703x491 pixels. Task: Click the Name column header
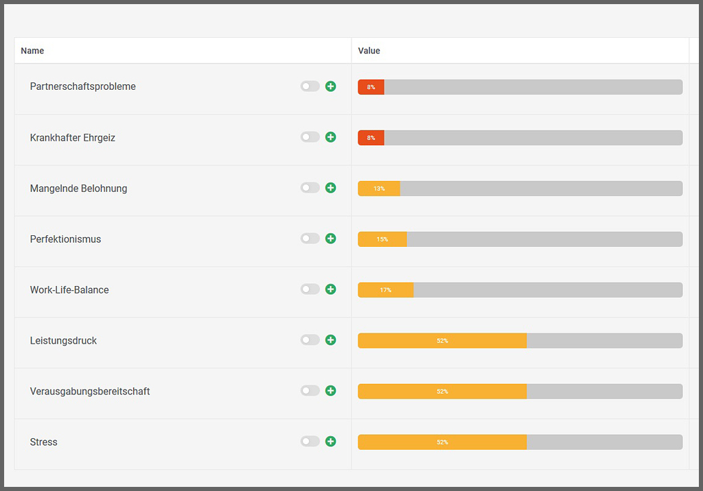32,51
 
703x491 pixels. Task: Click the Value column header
369,51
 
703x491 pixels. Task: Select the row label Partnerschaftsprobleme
82,86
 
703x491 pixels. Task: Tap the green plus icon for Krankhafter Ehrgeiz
330,137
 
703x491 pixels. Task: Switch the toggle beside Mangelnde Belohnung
310,188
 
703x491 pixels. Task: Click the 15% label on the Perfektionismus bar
382,239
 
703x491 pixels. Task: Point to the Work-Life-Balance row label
69,290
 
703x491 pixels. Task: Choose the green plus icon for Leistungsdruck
330,340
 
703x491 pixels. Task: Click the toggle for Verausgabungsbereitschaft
310,391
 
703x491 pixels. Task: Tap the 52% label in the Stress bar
442,442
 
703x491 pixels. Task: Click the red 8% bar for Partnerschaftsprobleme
371,87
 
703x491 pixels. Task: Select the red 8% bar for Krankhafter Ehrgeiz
371,138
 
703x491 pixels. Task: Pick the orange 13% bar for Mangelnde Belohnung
379,189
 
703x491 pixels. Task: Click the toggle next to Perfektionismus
310,239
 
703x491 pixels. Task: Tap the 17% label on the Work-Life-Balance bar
386,290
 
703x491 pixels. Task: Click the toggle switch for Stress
310,442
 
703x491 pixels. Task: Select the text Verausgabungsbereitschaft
90,392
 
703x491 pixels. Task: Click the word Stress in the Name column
43,442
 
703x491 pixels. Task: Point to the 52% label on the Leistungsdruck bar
442,341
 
